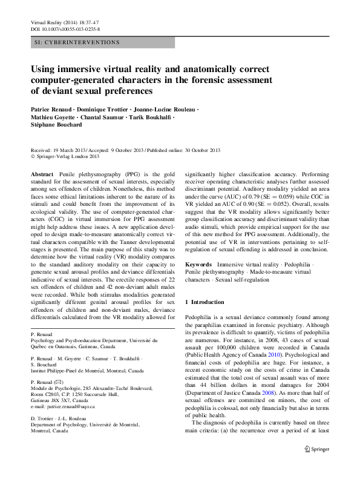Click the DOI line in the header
click(65, 28)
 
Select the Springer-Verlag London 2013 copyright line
click(71, 156)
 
